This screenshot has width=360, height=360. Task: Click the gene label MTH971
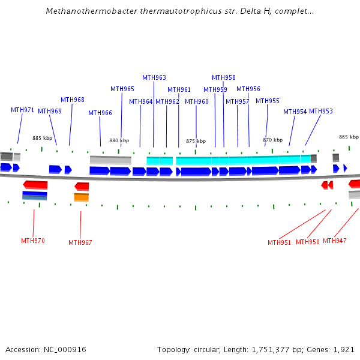pyautogui.click(x=22, y=110)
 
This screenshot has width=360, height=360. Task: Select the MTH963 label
pyautogui.click(x=154, y=77)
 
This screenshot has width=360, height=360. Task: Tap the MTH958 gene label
pyautogui.click(x=224, y=77)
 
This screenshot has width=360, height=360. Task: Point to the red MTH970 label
pyautogui.click(x=33, y=241)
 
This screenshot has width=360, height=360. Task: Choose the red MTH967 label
pyautogui.click(x=80, y=243)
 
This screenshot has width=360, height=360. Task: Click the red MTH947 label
pyautogui.click(x=335, y=241)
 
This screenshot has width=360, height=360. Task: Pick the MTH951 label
pyautogui.click(x=280, y=243)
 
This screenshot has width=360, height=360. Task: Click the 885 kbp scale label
pyautogui.click(x=43, y=138)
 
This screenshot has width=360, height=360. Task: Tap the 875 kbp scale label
pyautogui.click(x=196, y=142)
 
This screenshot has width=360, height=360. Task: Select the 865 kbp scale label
pyautogui.click(x=349, y=137)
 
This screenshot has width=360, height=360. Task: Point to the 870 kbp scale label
pyautogui.click(x=272, y=140)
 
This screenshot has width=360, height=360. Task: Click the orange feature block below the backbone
pyautogui.click(x=82, y=197)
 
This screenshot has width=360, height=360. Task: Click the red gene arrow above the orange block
pyautogui.click(x=82, y=187)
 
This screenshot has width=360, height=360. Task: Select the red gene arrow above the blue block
pyautogui.click(x=35, y=185)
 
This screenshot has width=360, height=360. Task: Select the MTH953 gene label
pyautogui.click(x=321, y=112)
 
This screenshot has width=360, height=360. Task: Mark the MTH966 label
pyautogui.click(x=100, y=113)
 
